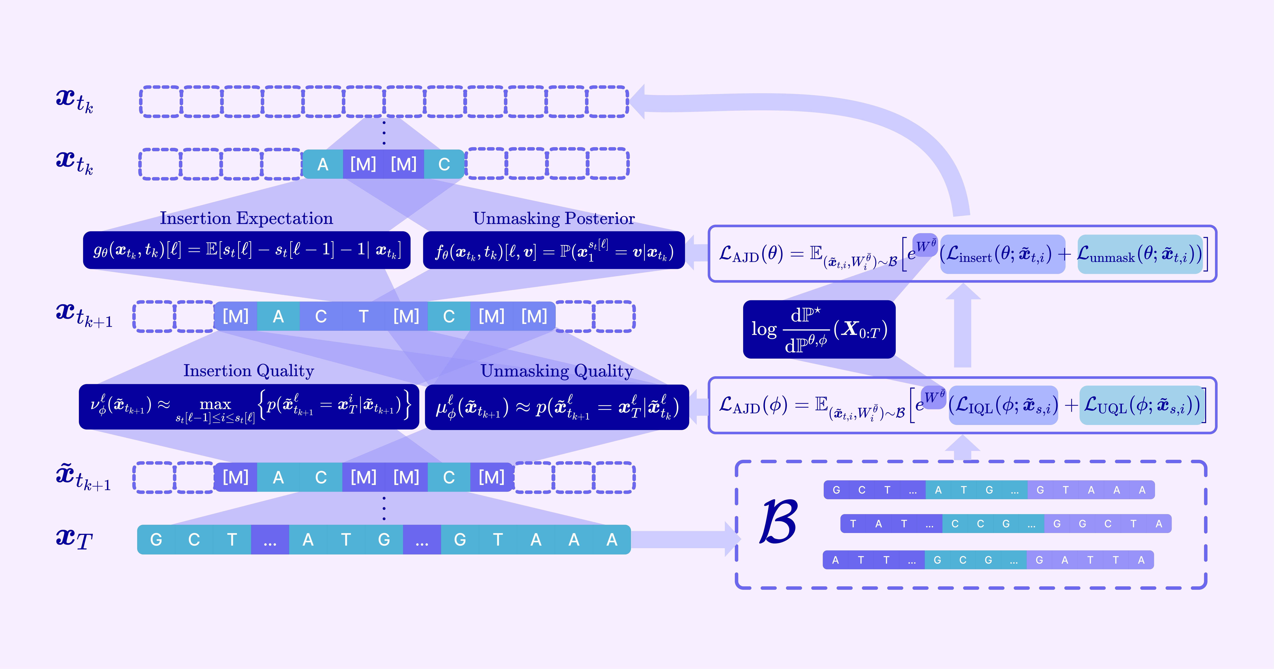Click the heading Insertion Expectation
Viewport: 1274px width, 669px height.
[x=246, y=218]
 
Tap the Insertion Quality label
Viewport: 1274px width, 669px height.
[x=249, y=371]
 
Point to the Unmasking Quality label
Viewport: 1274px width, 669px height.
[x=557, y=371]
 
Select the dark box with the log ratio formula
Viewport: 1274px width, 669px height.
[x=819, y=329]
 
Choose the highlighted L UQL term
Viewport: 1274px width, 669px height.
[x=1141, y=405]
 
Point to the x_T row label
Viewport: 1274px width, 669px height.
[x=74, y=538]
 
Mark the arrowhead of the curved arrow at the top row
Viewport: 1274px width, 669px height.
[x=635, y=101]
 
